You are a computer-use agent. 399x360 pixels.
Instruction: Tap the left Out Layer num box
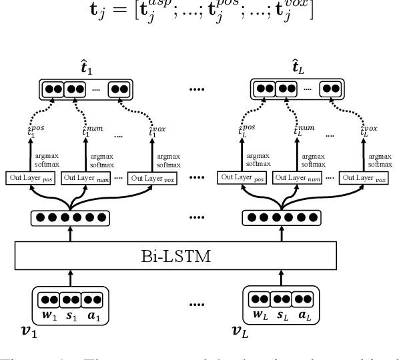pyautogui.click(x=86, y=178)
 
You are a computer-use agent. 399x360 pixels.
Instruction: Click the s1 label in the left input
pyautogui.click(x=70, y=313)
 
